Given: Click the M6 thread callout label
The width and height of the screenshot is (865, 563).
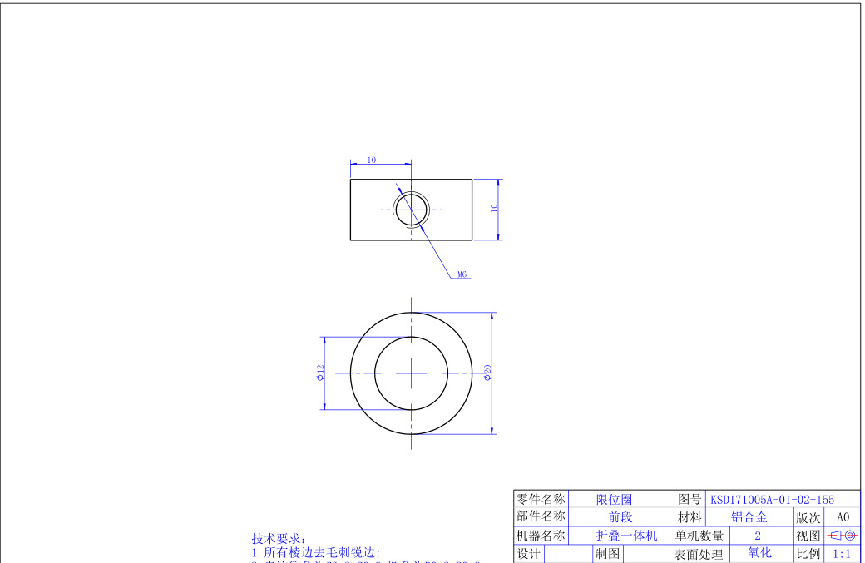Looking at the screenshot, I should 462,274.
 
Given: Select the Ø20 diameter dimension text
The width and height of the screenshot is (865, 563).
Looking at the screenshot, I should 487,373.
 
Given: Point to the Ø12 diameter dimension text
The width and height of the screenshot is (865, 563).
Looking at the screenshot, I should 320,373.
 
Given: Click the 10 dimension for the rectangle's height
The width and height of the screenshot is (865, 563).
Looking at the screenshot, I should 494,209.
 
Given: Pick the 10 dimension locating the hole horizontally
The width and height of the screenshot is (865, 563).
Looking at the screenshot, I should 371,160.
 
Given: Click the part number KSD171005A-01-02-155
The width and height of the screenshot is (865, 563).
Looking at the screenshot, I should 771,500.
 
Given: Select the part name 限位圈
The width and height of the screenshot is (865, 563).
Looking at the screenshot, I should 614,500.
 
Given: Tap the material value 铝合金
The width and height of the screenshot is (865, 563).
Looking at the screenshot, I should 749,517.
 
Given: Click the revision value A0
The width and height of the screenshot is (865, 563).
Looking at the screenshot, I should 843,517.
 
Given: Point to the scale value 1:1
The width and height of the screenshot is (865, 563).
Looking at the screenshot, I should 842,554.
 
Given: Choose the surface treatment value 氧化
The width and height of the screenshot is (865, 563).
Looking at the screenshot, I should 759,553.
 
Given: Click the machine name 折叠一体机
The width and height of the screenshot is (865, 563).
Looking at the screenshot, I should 626,536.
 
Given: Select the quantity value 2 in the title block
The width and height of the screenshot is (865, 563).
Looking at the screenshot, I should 758,536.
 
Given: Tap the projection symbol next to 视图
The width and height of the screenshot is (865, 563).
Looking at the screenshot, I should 843,536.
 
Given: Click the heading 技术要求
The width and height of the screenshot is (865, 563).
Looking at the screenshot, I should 279,539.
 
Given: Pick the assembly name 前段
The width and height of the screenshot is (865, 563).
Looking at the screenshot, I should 620,517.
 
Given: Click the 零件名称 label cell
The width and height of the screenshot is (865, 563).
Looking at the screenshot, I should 541,500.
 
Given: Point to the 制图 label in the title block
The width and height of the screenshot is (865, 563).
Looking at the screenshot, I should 606,554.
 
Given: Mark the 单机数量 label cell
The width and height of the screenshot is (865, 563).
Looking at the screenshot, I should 699,536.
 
